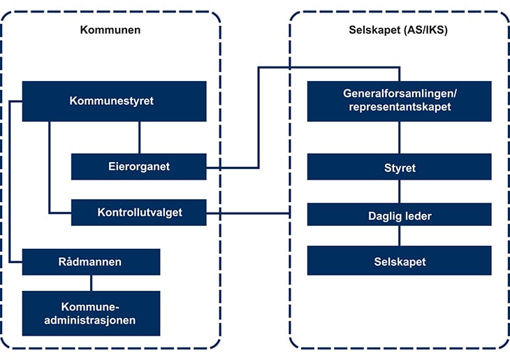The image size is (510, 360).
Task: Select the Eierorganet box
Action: coord(139,166)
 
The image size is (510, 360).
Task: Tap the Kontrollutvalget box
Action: coord(139,213)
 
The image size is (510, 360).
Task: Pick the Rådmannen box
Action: coord(91,261)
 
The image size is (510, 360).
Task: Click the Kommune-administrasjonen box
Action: coord(91,313)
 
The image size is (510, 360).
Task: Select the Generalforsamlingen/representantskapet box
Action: coord(399,101)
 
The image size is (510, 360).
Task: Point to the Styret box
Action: coord(399,168)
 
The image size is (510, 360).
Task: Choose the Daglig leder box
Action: coord(399,215)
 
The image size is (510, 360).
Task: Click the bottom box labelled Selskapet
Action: coord(399,261)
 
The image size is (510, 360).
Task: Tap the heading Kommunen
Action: coord(110,30)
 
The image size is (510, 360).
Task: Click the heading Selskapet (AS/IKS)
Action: coord(398,30)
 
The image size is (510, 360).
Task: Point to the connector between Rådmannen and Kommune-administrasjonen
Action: coord(91,282)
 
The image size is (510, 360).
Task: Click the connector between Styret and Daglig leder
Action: coord(399,192)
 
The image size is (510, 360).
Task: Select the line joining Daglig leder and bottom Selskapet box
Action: coord(399,236)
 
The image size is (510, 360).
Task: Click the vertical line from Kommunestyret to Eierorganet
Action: coord(140,137)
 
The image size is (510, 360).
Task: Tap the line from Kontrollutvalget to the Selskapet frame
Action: coord(248,213)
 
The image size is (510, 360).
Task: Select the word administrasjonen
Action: coord(91,320)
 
